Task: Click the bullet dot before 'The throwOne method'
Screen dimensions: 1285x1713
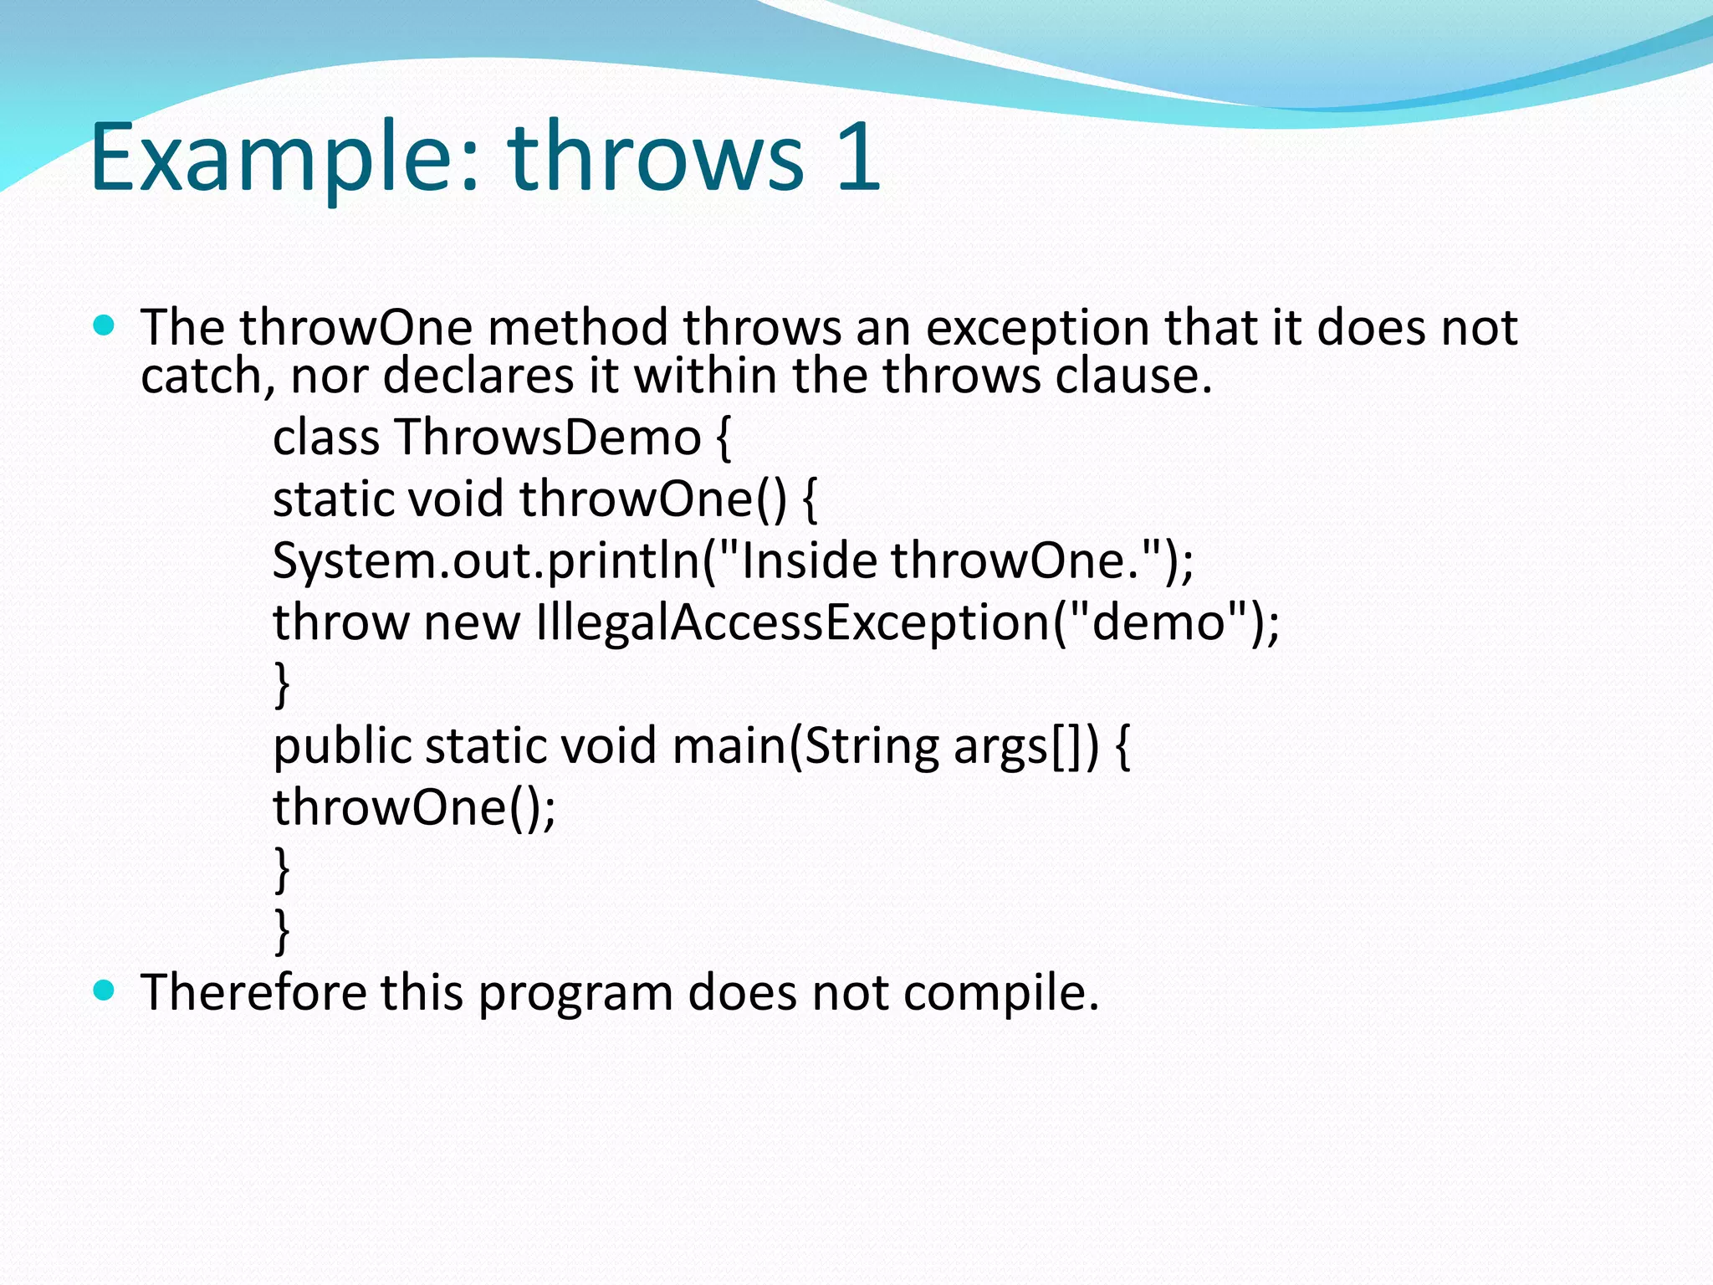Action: tap(104, 325)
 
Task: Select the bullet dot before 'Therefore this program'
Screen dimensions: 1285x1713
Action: tap(104, 991)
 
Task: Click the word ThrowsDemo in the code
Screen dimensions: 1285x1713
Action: tap(548, 437)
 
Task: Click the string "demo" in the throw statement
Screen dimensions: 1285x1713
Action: tap(1158, 622)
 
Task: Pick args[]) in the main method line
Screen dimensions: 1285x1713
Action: tap(1025, 746)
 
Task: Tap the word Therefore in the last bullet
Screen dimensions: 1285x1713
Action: tap(253, 993)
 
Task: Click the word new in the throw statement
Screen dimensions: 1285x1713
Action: tap(472, 622)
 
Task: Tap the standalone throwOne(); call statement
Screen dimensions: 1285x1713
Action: tap(414, 808)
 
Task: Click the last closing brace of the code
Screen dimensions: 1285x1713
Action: tap(282, 930)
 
